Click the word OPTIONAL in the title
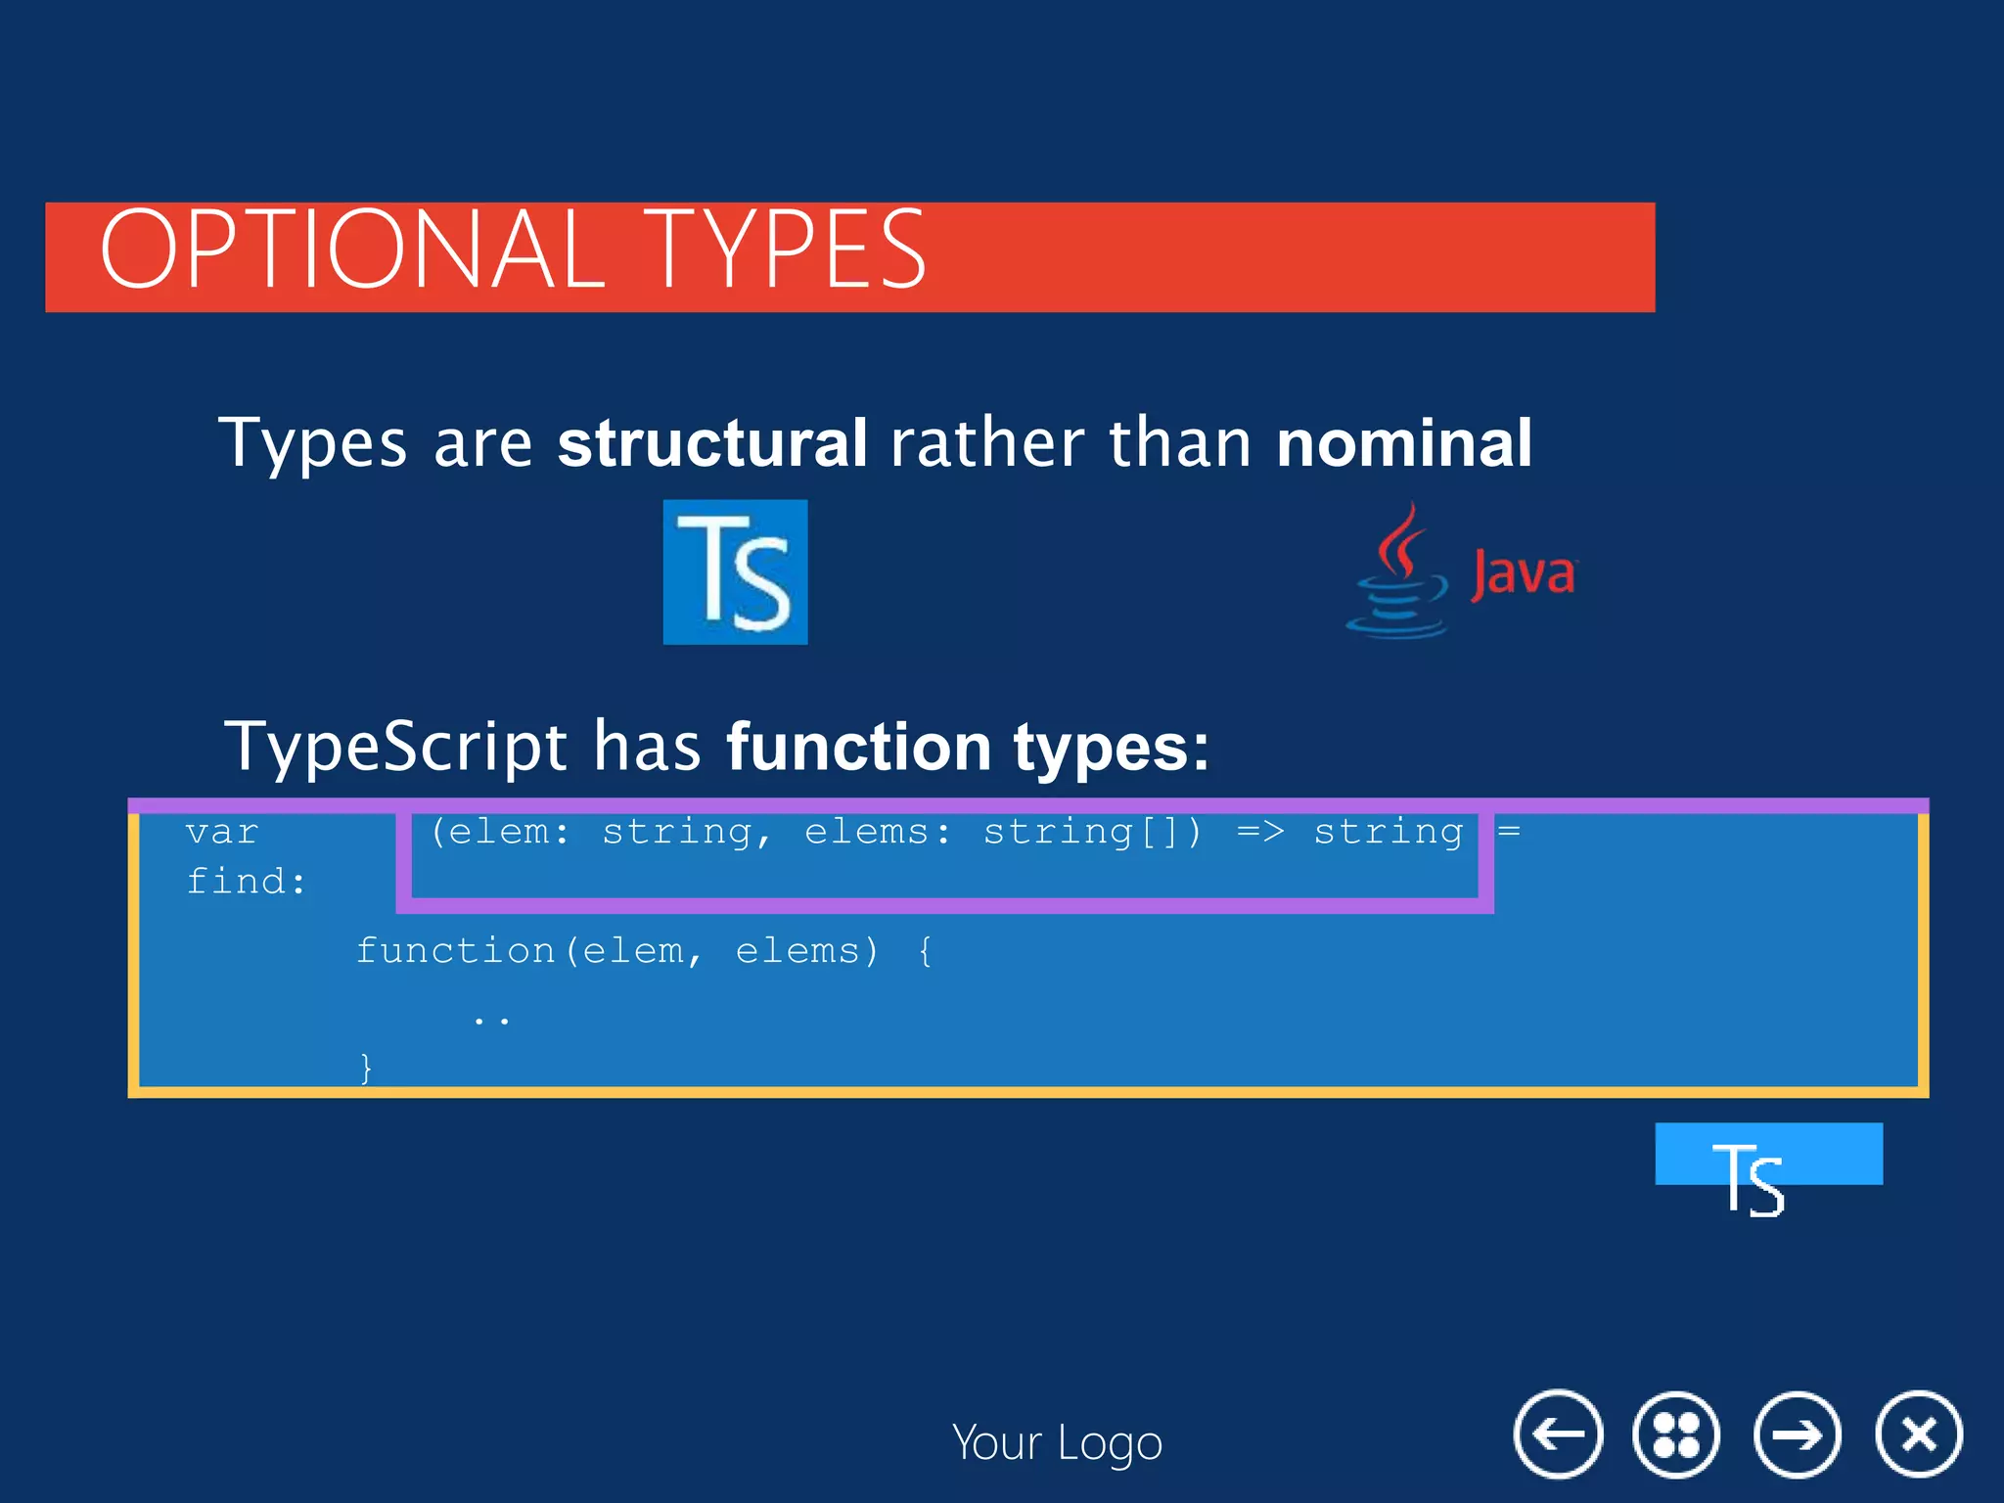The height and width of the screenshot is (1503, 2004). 352,250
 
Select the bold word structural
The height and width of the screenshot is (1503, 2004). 711,442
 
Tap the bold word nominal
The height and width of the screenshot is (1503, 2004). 1403,442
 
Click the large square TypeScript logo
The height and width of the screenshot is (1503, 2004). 735,571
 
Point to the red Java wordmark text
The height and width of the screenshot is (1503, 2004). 1524,573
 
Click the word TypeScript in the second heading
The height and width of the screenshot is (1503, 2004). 395,746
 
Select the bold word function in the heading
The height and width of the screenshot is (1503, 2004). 858,746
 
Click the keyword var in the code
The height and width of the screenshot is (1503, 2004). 222,832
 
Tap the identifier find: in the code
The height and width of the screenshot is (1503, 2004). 246,882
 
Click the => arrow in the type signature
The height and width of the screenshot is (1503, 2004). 1259,832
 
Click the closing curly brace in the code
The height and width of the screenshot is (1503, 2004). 366,1066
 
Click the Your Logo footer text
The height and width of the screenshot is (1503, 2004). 1057,1442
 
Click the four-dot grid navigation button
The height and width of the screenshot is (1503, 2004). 1675,1435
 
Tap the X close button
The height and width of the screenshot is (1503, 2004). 1918,1435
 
